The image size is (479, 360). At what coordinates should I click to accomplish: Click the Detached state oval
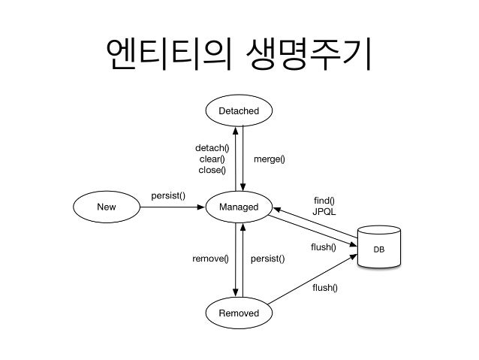[239, 111]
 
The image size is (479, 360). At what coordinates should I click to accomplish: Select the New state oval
[106, 207]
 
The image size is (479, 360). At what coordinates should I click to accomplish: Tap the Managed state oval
[239, 207]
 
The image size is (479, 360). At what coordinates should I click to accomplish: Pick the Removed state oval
[239, 313]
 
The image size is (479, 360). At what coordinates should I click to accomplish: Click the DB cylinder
[379, 247]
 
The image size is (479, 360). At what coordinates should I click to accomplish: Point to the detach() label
[212, 148]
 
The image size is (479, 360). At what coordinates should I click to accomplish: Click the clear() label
[212, 159]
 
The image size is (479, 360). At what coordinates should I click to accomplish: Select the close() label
[212, 171]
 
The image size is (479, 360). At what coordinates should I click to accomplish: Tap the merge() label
[268, 159]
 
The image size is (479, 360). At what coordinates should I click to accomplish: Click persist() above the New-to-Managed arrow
[168, 195]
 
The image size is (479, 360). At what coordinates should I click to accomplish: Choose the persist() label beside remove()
[267, 259]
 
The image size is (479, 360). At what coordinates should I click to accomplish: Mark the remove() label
[209, 259]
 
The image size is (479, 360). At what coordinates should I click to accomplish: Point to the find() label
[324, 200]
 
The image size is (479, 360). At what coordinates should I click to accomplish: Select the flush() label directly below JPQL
[324, 247]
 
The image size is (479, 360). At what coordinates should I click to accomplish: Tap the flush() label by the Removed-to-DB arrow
[324, 287]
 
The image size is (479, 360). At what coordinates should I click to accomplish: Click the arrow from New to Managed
[173, 207]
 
